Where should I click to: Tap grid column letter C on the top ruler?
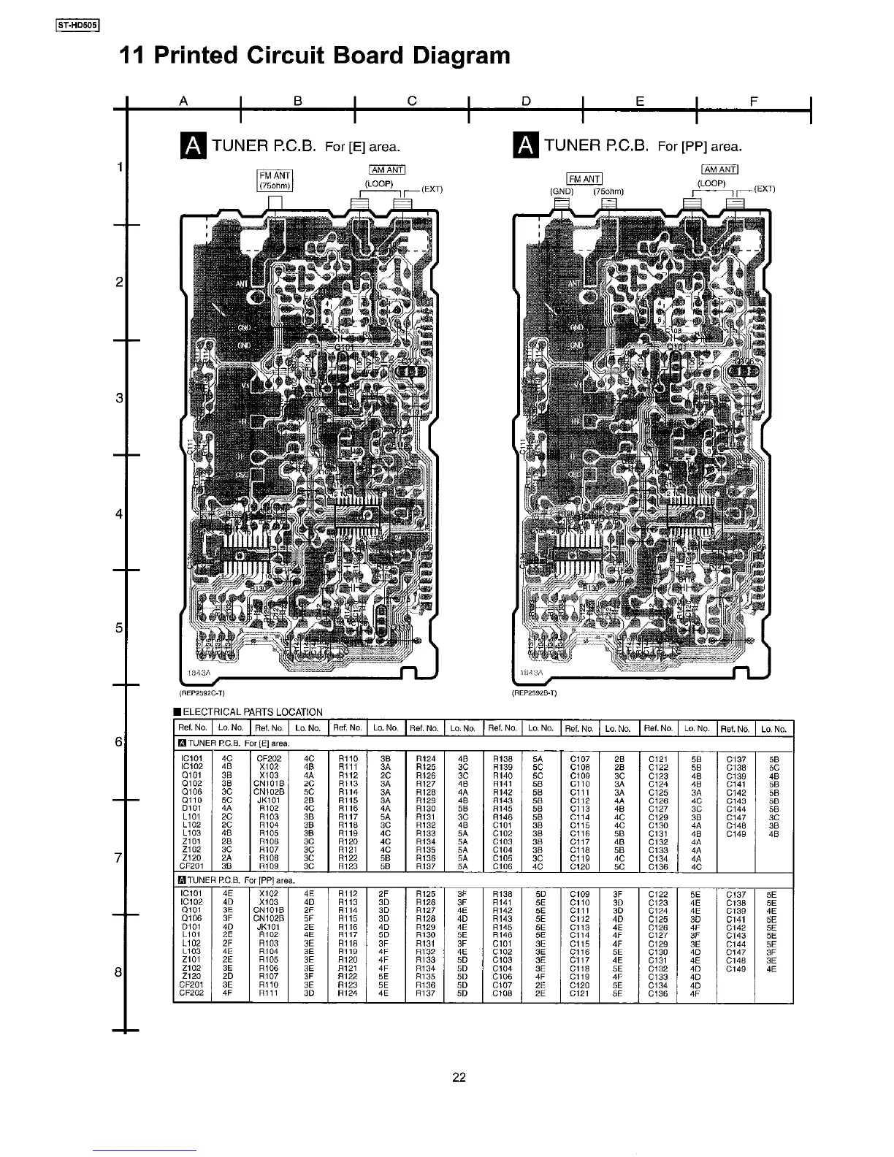(x=411, y=102)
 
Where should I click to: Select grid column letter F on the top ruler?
(x=754, y=102)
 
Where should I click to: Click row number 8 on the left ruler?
(x=118, y=973)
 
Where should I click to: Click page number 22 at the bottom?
(x=458, y=1077)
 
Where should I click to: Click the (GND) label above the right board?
(x=562, y=192)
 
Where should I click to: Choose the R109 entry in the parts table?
(x=268, y=866)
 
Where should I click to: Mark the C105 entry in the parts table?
(x=503, y=858)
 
